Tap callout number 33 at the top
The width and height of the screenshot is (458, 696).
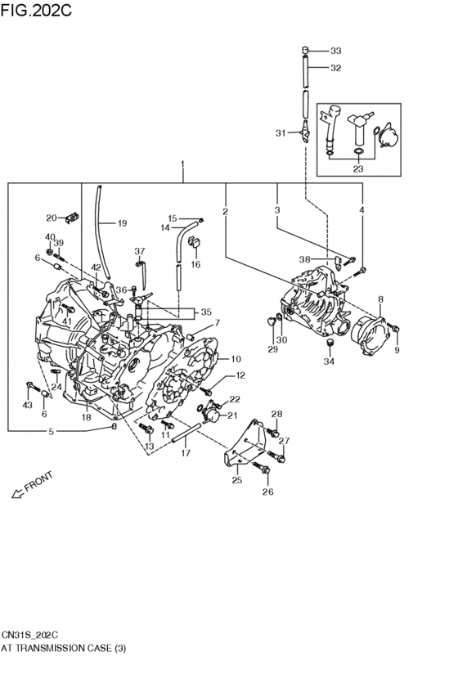[x=335, y=51]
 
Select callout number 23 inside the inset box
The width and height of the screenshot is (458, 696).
[x=357, y=169]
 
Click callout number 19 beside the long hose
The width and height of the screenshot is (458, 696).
[x=122, y=223]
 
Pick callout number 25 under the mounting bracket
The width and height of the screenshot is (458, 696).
[x=237, y=480]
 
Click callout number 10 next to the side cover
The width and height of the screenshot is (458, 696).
[x=236, y=359]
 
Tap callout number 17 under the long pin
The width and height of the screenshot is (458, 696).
[x=186, y=452]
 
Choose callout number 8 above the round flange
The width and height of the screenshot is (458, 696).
[x=380, y=300]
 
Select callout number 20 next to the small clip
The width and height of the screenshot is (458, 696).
[x=51, y=218]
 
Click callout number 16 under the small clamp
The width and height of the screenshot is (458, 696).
[x=195, y=264]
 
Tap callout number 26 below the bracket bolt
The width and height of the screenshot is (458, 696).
[x=267, y=492]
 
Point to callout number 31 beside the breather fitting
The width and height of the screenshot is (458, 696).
[x=281, y=133]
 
